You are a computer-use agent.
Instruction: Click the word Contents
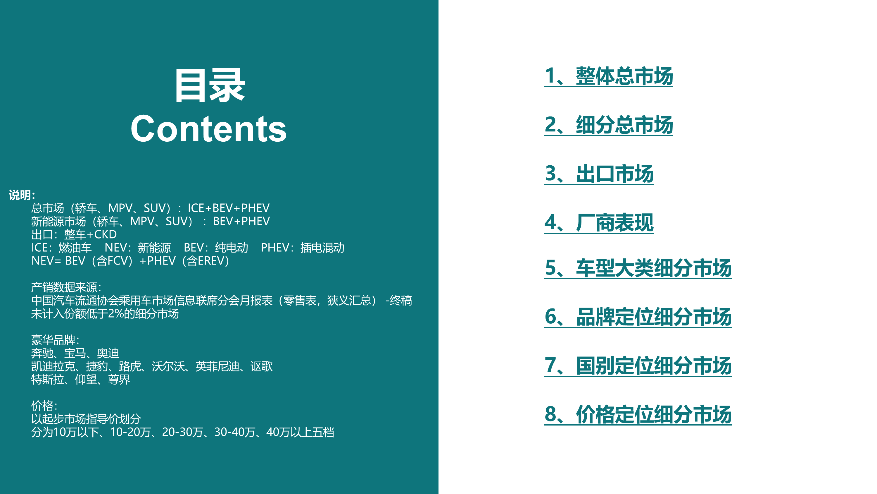209,129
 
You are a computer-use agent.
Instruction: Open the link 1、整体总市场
608,76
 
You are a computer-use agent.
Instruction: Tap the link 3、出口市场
599,174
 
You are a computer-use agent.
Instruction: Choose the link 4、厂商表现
599,223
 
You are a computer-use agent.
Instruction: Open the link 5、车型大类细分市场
638,268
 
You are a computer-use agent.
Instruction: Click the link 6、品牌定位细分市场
638,317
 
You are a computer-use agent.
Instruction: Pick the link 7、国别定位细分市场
638,366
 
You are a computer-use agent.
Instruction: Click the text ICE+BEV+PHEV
228,208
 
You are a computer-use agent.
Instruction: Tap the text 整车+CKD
90,234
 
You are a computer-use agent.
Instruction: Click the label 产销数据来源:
66,287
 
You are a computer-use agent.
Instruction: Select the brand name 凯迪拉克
53,366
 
